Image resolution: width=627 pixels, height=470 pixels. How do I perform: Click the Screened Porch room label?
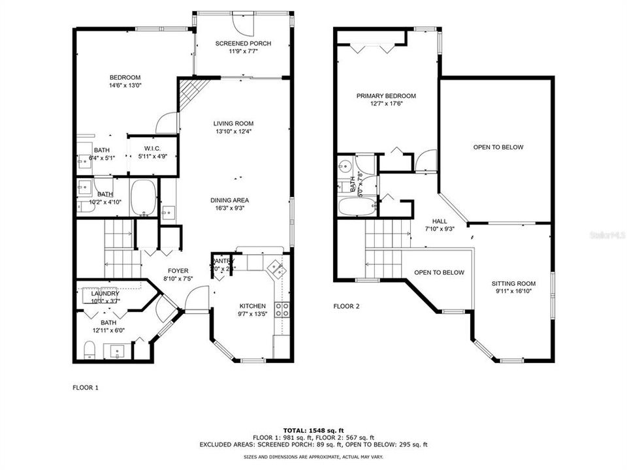click(x=243, y=44)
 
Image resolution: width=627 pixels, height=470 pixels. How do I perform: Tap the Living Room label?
click(x=233, y=123)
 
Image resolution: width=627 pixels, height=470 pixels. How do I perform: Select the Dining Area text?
click(x=229, y=200)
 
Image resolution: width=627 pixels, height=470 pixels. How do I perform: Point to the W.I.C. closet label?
click(x=152, y=148)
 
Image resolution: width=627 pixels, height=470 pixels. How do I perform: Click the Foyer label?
click(x=178, y=271)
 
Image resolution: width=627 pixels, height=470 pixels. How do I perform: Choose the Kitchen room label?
click(x=252, y=306)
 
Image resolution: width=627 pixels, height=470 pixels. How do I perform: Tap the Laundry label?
click(x=105, y=293)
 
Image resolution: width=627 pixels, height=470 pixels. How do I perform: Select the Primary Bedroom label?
click(x=385, y=96)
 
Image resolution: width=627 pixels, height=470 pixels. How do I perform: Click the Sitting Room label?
click(x=513, y=283)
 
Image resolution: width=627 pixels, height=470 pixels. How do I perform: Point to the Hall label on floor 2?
click(x=440, y=221)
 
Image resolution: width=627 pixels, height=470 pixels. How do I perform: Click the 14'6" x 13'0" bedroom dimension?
click(x=125, y=85)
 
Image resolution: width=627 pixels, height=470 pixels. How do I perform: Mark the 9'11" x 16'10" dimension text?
click(x=513, y=292)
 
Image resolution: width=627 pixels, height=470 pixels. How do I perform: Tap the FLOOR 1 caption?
click(x=86, y=387)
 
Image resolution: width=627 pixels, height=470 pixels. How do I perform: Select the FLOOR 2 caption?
click(x=346, y=305)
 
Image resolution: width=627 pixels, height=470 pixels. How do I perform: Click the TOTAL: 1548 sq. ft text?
click(x=313, y=430)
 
